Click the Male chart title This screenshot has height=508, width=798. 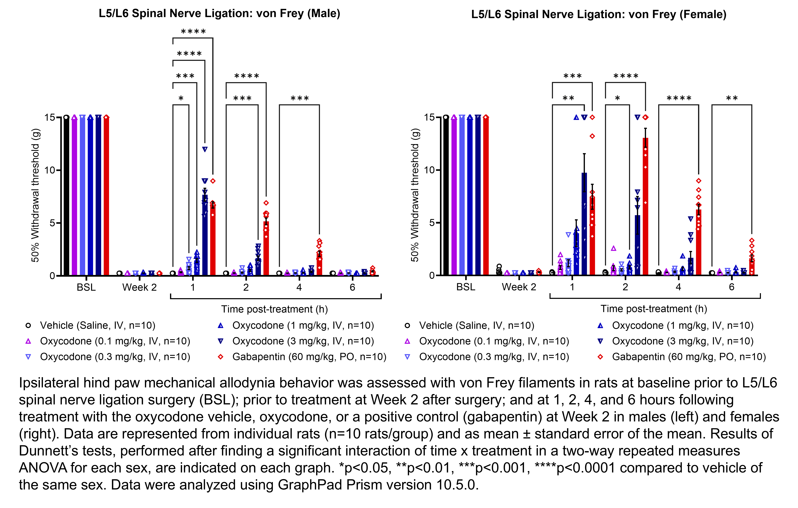[x=219, y=14]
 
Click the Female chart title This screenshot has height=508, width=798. [x=598, y=15]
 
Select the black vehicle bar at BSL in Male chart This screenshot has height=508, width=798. [x=66, y=196]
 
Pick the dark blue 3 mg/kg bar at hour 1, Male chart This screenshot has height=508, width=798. [x=205, y=235]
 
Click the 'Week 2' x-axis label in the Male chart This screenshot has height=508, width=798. [x=139, y=287]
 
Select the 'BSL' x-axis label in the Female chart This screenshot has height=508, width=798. [x=466, y=287]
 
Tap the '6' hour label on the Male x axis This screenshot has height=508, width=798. [x=352, y=287]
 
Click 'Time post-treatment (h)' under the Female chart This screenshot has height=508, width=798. [x=654, y=309]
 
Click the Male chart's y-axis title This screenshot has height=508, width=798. [x=35, y=196]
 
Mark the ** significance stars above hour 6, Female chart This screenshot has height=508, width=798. [x=732, y=98]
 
